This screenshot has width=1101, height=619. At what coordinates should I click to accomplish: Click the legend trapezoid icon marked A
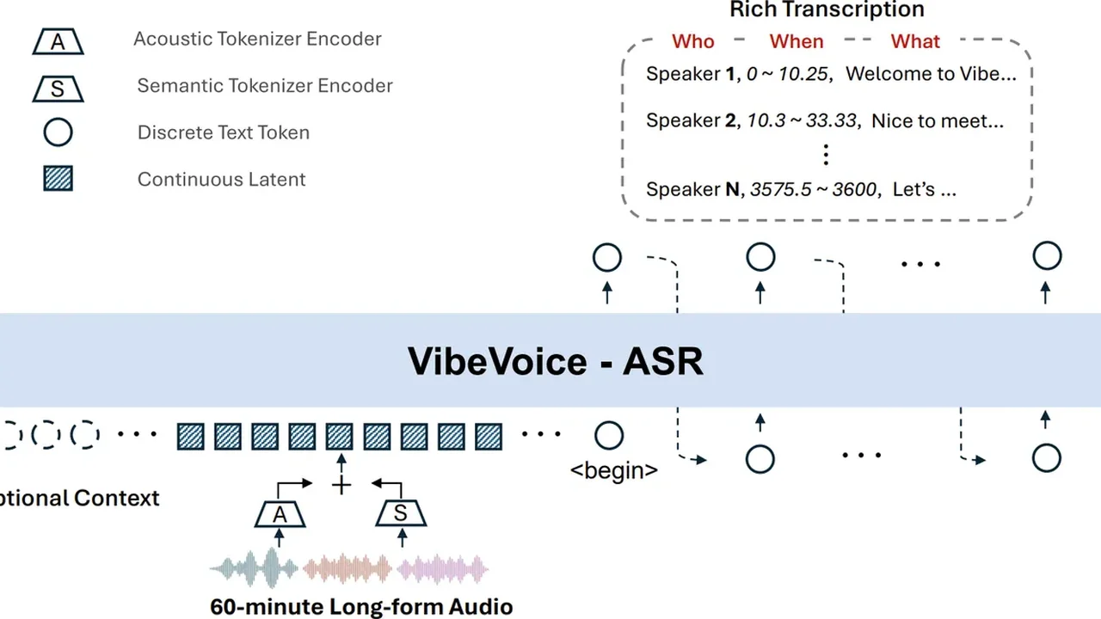coord(58,40)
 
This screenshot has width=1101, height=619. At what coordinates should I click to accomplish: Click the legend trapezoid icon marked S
coord(58,87)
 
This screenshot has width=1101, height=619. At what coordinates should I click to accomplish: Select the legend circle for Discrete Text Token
coord(58,132)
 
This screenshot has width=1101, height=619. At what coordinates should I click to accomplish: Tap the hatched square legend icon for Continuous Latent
coord(58,179)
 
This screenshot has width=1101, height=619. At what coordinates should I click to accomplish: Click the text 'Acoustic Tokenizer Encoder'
coord(257,39)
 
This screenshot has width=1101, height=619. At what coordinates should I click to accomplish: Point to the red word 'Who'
coord(692,41)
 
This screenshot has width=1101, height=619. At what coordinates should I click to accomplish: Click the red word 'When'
coord(796,41)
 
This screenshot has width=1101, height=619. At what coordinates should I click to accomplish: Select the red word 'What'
coord(915,41)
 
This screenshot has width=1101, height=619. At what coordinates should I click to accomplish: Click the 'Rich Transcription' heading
coord(827,10)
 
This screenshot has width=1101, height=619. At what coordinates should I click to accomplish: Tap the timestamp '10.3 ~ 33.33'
coord(801,120)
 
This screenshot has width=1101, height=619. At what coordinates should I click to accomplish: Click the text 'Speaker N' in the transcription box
coord(692,189)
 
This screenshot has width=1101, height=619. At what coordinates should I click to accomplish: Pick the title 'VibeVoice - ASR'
coord(556,361)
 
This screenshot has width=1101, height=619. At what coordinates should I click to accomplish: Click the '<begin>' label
coord(614,470)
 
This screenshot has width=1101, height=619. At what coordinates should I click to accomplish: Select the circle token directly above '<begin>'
coord(608,436)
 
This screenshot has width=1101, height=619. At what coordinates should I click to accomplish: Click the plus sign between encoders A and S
coord(341,486)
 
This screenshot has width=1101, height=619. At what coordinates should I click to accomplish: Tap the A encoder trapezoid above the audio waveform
coord(279,514)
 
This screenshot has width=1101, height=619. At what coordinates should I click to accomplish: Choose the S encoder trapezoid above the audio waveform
coord(402,514)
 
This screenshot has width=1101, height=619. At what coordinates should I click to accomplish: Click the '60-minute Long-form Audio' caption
coord(361,606)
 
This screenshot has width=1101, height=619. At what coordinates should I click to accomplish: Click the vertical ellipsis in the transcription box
coord(826,155)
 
